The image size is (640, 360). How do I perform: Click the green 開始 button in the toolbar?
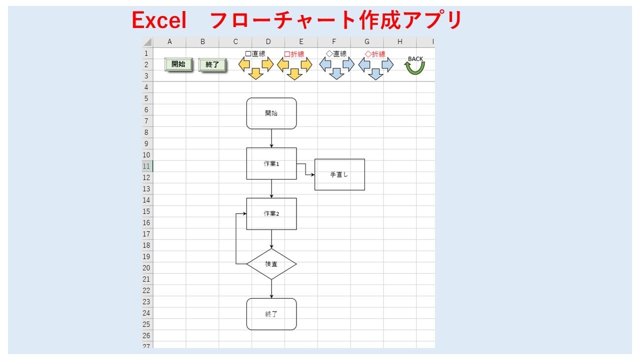[178, 64]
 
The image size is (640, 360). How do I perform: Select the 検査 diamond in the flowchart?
[271, 264]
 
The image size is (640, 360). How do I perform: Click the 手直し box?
[339, 174]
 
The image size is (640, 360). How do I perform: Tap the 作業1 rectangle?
[271, 163]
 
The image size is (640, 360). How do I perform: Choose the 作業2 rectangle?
[271, 213]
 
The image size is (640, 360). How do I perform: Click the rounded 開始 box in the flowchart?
[271, 113]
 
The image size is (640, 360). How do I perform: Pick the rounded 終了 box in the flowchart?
[271, 314]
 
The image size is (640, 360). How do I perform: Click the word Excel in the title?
[159, 20]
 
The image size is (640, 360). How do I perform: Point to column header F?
[334, 41]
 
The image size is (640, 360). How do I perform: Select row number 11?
[146, 166]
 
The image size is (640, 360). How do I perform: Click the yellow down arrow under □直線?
[255, 73]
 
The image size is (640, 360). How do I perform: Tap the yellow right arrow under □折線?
[306, 64]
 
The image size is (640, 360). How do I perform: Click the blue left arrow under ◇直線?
[325, 64]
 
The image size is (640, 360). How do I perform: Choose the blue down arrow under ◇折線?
[375, 74]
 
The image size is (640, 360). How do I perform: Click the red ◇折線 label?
[375, 54]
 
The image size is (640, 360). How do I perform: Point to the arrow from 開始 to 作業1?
[271, 138]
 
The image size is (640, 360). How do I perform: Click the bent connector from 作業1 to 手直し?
[305, 169]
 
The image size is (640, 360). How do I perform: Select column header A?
[169, 41]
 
